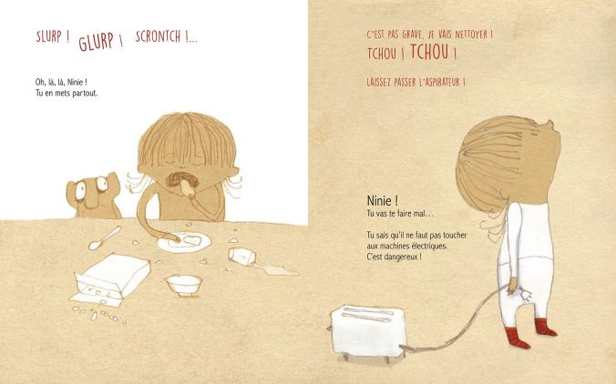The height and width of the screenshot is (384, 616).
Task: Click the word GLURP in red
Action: [97, 42]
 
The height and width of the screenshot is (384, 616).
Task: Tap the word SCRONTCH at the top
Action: [158, 36]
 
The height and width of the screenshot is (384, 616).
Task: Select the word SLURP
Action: [49, 37]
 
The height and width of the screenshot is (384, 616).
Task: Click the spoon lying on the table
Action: [105, 237]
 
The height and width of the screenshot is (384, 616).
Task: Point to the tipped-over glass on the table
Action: [242, 256]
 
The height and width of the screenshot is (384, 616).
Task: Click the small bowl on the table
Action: [184, 285]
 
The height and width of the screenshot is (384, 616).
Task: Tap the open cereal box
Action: [111, 280]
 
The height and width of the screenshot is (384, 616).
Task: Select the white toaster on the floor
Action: [368, 332]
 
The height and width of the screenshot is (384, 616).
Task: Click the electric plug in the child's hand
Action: [525, 294]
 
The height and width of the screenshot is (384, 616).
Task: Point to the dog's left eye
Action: [80, 190]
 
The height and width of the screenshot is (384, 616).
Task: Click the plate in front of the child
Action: [184, 242]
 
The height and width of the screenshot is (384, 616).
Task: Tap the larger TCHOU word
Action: [429, 52]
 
